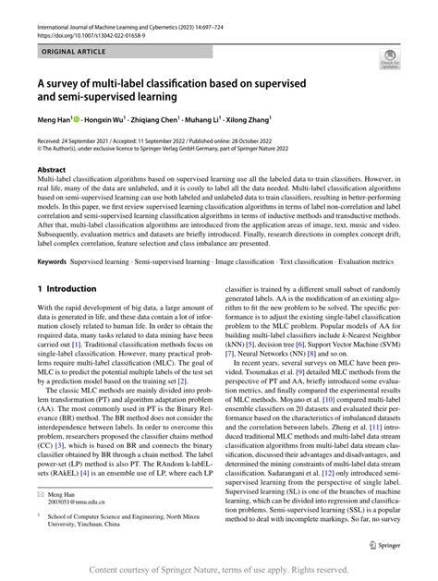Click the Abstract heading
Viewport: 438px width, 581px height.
tap(53, 170)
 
